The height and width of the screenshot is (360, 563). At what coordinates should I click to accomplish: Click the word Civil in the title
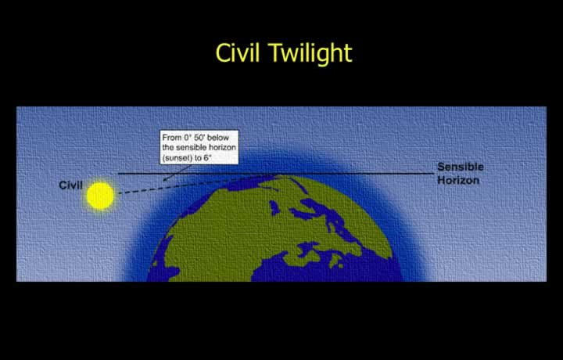[238, 52]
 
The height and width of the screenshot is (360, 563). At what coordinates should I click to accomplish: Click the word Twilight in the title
[310, 53]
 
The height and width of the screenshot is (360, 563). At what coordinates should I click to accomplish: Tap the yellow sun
[100, 196]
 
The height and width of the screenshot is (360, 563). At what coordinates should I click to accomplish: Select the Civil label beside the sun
[70, 185]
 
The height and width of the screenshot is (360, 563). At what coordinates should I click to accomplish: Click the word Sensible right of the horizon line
[461, 167]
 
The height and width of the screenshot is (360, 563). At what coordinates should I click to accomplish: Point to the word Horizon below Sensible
[458, 180]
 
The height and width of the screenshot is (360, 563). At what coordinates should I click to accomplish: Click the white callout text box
[199, 147]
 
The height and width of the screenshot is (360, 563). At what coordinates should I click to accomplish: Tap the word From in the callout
[170, 138]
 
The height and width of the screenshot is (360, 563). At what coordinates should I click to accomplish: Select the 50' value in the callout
[199, 138]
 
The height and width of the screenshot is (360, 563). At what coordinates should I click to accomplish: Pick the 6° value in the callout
[207, 158]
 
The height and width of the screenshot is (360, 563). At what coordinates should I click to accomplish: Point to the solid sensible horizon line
[276, 174]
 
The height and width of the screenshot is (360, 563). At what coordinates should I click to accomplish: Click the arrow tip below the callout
[163, 180]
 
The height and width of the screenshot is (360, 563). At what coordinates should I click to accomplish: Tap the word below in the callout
[218, 138]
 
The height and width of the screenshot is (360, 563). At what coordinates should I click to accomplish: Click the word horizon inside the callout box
[222, 148]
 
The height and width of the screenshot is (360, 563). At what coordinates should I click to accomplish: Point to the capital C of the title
[222, 52]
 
